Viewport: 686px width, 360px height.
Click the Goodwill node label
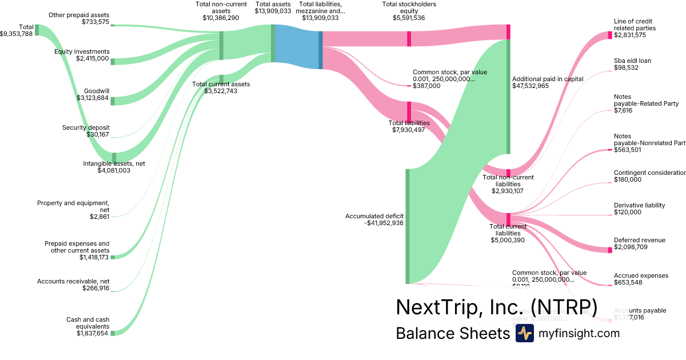pyautogui.click(x=96, y=91)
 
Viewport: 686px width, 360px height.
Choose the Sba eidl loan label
pyautogui.click(x=632, y=61)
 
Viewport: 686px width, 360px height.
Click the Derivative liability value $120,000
pyautogui.click(x=627, y=212)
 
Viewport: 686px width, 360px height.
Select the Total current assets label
pyautogui.click(x=221, y=84)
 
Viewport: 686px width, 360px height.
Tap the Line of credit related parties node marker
pyautogui.click(x=610, y=35)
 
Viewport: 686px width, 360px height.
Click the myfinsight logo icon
pyautogui.click(x=524, y=333)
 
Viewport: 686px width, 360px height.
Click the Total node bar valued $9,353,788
pyautogui.click(x=37, y=30)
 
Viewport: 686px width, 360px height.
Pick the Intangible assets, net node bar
pyautogui.click(x=114, y=158)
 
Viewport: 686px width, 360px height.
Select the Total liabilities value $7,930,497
pyautogui.click(x=409, y=130)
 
